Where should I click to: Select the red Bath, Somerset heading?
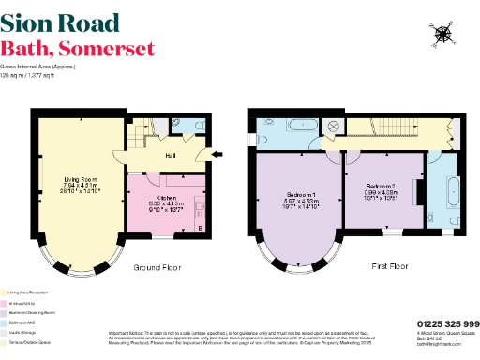coord(77,49)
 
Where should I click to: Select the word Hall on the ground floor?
coord(172,155)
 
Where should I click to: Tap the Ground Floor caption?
coord(157,267)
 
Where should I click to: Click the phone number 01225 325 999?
coord(446,323)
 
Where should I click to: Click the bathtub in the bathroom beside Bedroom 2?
coord(446,191)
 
